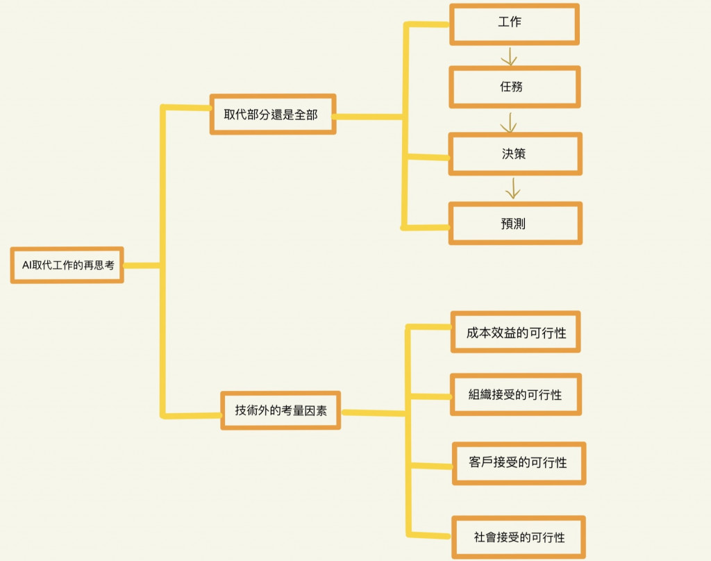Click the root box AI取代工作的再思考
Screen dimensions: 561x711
[x=67, y=265]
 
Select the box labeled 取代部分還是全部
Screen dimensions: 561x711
[x=273, y=115]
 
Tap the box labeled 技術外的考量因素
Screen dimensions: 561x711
[x=281, y=410]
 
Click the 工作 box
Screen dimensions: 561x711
[x=514, y=24]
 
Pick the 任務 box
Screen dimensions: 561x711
[x=515, y=87]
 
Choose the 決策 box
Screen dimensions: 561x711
[x=515, y=154]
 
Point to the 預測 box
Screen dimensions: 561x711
[x=515, y=224]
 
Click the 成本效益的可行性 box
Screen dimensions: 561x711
[x=515, y=333]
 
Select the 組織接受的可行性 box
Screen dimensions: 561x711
[x=515, y=394]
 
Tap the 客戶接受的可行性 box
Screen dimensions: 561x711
[x=519, y=462]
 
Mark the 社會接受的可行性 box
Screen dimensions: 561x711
[x=519, y=537]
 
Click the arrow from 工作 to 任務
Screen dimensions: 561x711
[x=510, y=56]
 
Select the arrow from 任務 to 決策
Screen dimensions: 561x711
[x=509, y=122]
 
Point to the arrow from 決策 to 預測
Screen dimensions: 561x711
[x=513, y=188]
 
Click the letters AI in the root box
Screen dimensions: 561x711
[x=26, y=265]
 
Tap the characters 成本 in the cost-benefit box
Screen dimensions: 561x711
[x=478, y=333]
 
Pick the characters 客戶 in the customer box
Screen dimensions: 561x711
[x=481, y=462]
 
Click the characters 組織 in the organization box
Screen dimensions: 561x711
[x=480, y=394]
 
